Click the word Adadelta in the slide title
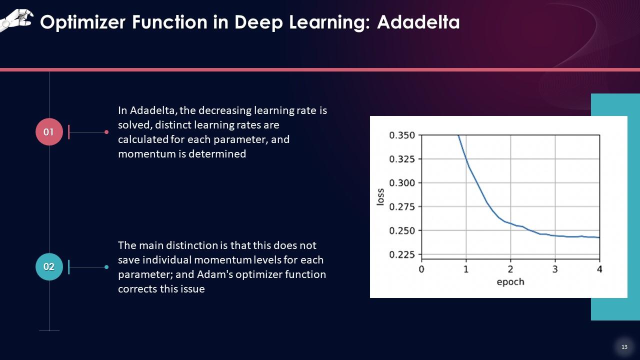tap(418, 22)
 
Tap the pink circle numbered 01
tap(49, 131)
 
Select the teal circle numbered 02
tap(49, 266)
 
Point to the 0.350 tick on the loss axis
tap(402, 135)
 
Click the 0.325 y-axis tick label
tap(402, 159)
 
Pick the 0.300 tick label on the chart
tap(402, 183)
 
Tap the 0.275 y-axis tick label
tap(402, 206)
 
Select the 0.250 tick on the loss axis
tap(402, 230)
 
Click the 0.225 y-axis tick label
tap(402, 254)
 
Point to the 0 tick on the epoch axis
tap(421, 269)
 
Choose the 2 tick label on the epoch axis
tap(510, 269)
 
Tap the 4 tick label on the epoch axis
tap(599, 269)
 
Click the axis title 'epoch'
tap(510, 282)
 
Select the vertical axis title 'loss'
tap(380, 197)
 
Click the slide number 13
tap(624, 347)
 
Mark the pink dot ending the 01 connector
tap(106, 132)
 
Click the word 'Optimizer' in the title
tap(83, 22)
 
